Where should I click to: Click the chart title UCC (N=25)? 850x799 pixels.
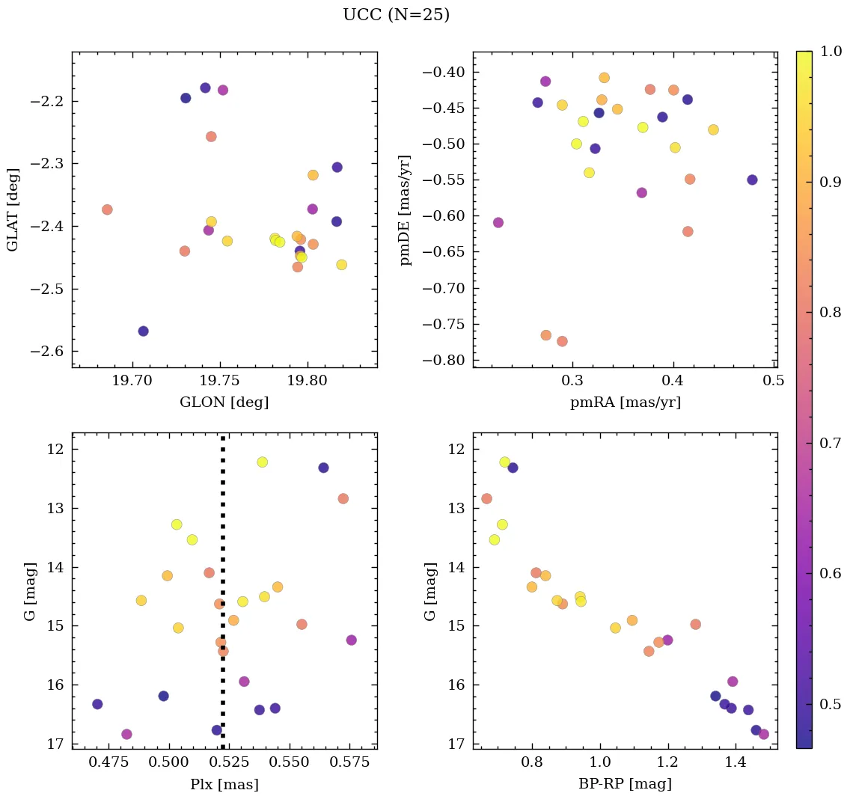coord(396,15)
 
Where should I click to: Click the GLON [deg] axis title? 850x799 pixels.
coord(224,402)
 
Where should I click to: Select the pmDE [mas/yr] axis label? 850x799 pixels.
coord(406,209)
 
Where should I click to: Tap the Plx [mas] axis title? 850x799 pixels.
coord(224,784)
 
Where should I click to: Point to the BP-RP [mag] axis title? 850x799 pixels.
coord(625,784)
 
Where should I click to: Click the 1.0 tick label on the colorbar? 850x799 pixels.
coord(831,52)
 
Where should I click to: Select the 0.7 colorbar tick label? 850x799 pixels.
coord(831,443)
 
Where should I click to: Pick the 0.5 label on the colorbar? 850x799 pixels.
coord(831,704)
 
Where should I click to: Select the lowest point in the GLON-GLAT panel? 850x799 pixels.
coord(143,331)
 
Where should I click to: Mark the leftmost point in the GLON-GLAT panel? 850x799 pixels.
coord(107,209)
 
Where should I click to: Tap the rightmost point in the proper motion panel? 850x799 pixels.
coord(752,180)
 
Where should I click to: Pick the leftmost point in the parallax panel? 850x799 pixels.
coord(97,704)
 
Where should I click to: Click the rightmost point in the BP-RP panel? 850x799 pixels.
coord(763,734)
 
